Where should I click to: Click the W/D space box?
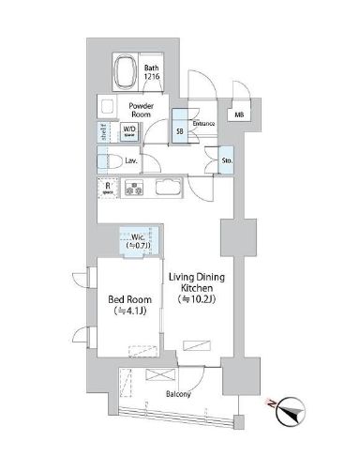129,132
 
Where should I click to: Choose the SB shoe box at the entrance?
180,131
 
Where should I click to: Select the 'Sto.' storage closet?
227,161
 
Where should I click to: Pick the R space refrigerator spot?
109,186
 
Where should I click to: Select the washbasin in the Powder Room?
104,107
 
